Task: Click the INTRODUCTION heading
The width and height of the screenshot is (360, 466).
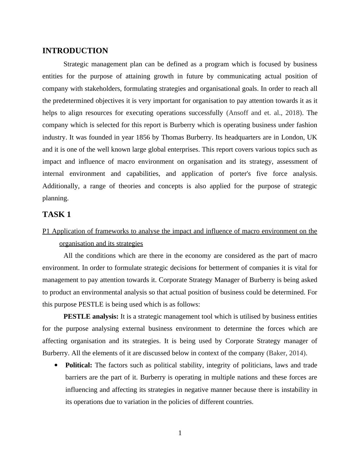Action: pos(75,51)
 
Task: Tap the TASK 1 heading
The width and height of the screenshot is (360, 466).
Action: pos(57,215)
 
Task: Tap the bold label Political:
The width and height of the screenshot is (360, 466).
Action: pos(79,365)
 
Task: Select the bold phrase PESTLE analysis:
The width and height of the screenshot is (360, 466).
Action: pos(91,317)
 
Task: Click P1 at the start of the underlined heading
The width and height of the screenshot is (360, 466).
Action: pos(46,231)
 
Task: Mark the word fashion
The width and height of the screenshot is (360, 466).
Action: pos(306,125)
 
